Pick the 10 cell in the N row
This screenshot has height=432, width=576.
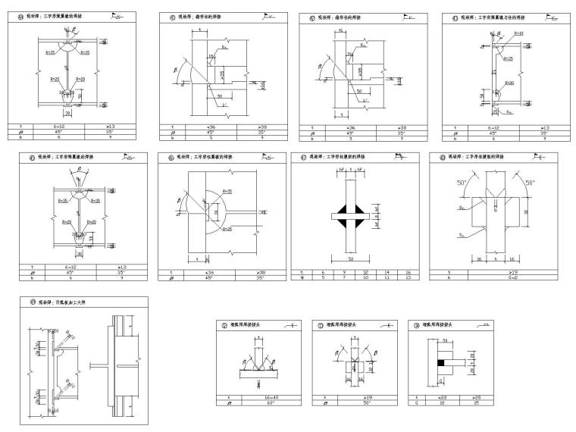367,277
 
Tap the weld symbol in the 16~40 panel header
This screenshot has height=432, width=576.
290,324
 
